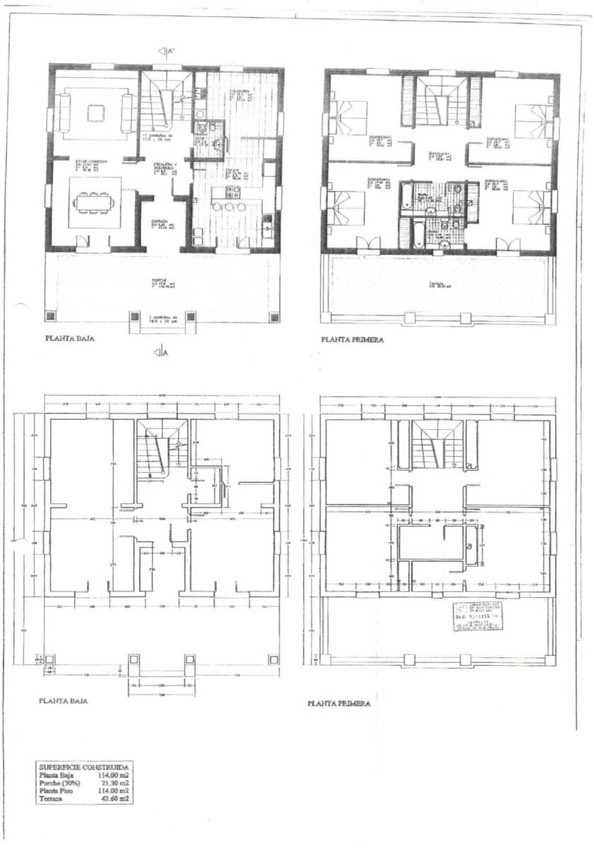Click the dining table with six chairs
tap(94, 202)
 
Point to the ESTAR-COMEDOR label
tap(92, 162)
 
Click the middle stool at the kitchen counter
tap(229, 206)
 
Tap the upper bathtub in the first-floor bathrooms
tap(407, 198)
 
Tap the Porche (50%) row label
tap(59, 783)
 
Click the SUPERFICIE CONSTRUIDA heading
tap(84, 767)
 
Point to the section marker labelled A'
tap(166, 51)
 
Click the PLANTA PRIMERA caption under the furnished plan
tap(352, 340)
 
